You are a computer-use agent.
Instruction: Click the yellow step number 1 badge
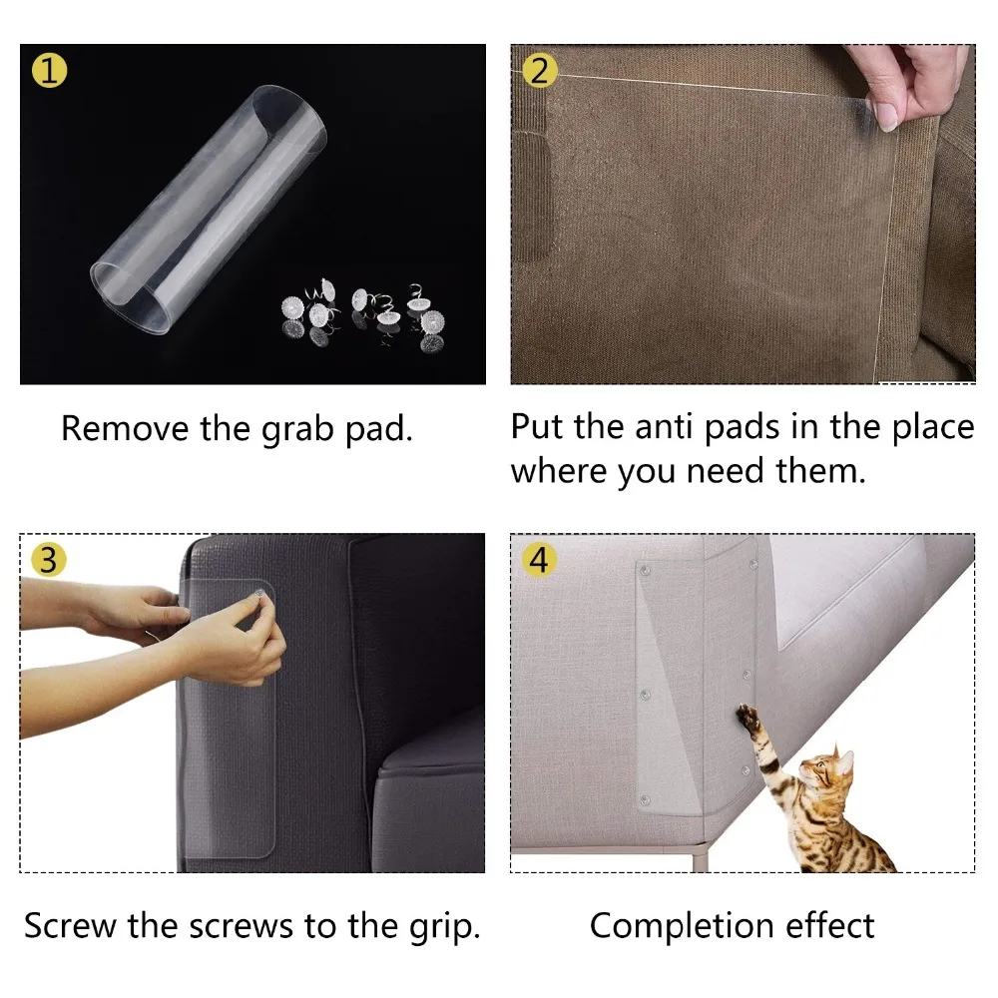(x=49, y=70)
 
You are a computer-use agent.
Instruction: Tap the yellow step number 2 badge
(x=539, y=70)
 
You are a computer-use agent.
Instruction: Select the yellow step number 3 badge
(x=48, y=560)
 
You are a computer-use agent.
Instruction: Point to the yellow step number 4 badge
(x=539, y=560)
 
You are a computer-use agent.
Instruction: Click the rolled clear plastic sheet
(x=209, y=210)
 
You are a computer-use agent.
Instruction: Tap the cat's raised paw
(x=747, y=716)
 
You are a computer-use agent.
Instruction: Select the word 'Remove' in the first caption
(x=125, y=428)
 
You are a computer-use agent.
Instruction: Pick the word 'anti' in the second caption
(x=664, y=426)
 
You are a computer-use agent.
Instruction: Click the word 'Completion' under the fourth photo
(x=681, y=927)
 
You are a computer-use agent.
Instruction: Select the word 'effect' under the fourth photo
(x=830, y=925)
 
